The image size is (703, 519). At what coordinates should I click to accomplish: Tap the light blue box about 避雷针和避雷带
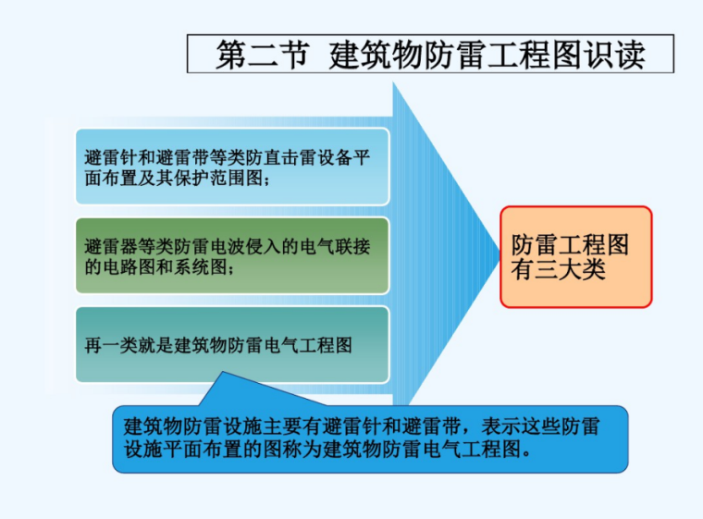pos(231,167)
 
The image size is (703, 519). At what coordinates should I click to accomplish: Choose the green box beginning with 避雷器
pos(231,256)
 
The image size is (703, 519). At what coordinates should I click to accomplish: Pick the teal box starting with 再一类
pos(231,345)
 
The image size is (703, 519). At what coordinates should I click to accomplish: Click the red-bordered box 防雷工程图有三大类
pos(575,256)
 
